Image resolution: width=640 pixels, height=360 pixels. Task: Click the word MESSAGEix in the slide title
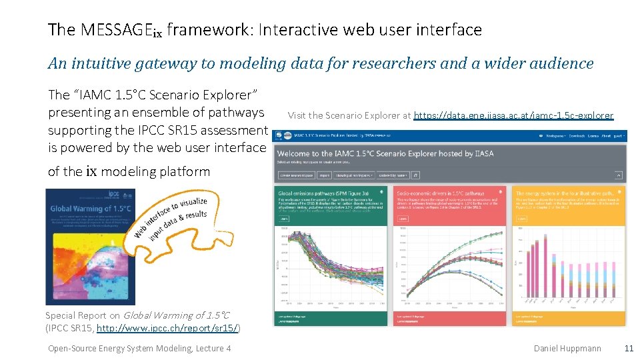tap(122, 30)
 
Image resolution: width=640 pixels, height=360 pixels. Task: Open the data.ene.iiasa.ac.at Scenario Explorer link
tap(513, 115)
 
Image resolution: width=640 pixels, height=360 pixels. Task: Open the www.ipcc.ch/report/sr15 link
tap(167, 328)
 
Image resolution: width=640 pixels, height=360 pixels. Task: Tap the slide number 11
tap(628, 348)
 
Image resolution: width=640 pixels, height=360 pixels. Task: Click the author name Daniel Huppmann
tap(567, 348)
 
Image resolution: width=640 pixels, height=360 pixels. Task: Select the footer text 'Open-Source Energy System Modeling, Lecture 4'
tap(139, 348)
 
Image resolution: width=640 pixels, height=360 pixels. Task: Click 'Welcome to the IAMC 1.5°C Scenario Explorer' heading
tap(385, 153)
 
